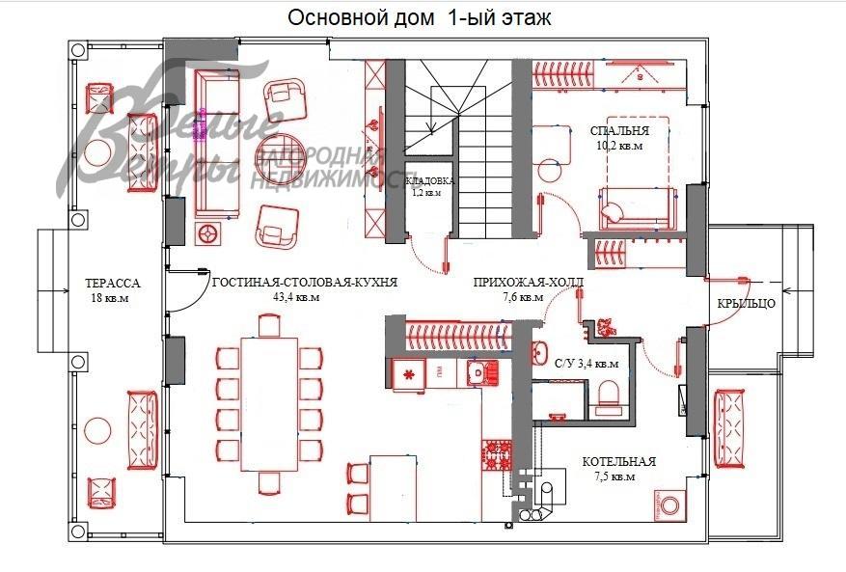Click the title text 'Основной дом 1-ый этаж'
point(420,17)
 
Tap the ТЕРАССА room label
point(113,285)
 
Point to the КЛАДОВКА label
point(430,180)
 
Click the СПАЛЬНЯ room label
point(619,130)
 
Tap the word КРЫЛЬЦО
point(746,304)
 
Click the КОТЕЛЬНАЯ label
point(618,462)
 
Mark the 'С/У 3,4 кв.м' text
point(587,365)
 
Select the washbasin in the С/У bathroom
point(540,351)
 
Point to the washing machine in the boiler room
point(671,504)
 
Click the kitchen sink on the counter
point(476,372)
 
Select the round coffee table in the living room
point(281,155)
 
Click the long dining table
point(269,400)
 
